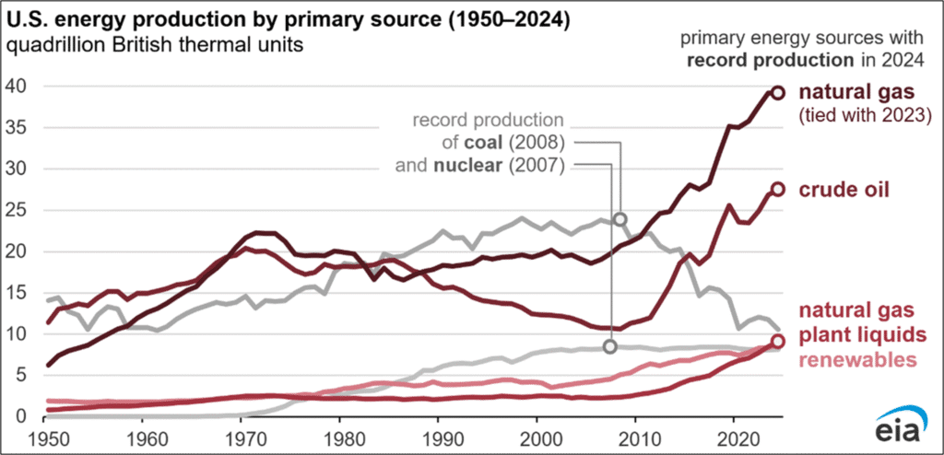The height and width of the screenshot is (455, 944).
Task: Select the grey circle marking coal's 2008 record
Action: tap(620, 219)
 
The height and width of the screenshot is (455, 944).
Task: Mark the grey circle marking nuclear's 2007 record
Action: tap(610, 346)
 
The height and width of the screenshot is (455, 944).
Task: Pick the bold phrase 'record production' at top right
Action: tap(756, 60)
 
